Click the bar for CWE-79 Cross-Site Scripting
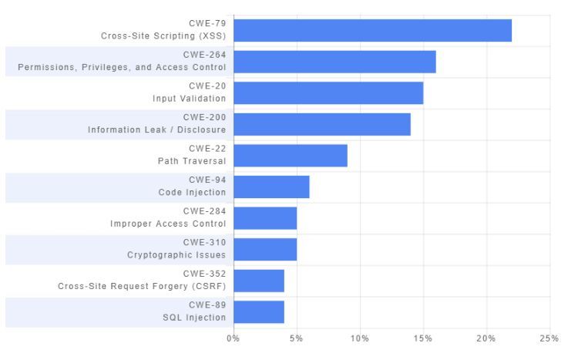pos(372,30)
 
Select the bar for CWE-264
pos(334,62)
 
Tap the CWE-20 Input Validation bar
pos(328,93)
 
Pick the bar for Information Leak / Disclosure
pos(322,124)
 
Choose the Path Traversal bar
pos(291,155)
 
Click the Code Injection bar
pos(271,187)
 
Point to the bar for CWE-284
pos(265,218)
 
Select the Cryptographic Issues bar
pos(265,249)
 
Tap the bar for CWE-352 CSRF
pos(259,281)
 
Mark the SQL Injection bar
pos(259,311)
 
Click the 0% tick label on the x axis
pos(233,338)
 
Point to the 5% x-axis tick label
pos(296,338)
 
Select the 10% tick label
pos(359,338)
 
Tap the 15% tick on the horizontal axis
pos(422,338)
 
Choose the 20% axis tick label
pos(486,338)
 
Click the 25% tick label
pos(549,338)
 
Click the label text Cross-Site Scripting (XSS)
pos(163,36)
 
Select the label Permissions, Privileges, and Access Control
pos(122,68)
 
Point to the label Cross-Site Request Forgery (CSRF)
pos(142,286)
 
